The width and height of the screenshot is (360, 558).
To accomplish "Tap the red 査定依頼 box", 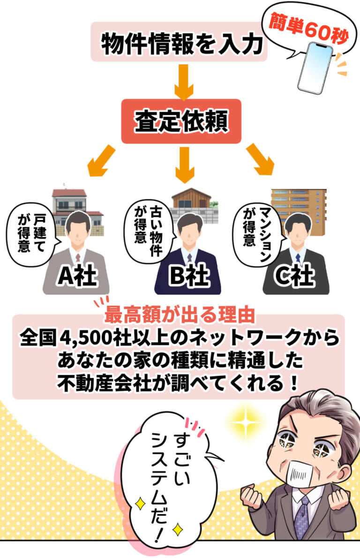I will pyautogui.click(x=181, y=121).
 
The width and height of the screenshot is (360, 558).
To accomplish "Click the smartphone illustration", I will pyautogui.click(x=315, y=67).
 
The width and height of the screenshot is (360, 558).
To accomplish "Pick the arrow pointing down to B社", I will pyautogui.click(x=181, y=164).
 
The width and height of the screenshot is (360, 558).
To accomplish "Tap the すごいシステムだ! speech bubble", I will pyautogui.click(x=171, y=474).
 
